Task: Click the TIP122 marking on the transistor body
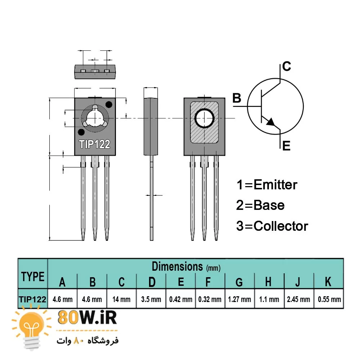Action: point(95,144)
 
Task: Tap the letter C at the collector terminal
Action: point(287,67)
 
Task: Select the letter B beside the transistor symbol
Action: point(237,98)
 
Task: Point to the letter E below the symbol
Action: point(286,146)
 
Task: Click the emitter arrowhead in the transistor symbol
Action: point(271,122)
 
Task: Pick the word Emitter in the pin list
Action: point(275,185)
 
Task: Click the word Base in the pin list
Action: point(269,206)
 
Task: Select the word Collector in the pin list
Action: point(281,226)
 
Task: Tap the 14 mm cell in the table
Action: point(122,299)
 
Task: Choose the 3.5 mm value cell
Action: point(151,299)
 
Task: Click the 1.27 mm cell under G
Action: point(239,299)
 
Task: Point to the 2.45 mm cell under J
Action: point(298,299)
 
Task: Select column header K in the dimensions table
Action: point(328,282)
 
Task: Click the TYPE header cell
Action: point(33,276)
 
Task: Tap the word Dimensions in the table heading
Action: point(177,267)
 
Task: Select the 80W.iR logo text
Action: point(87,319)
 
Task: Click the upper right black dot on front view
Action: point(109,105)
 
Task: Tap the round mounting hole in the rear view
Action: point(204,118)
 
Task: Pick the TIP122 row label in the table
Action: point(33,299)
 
